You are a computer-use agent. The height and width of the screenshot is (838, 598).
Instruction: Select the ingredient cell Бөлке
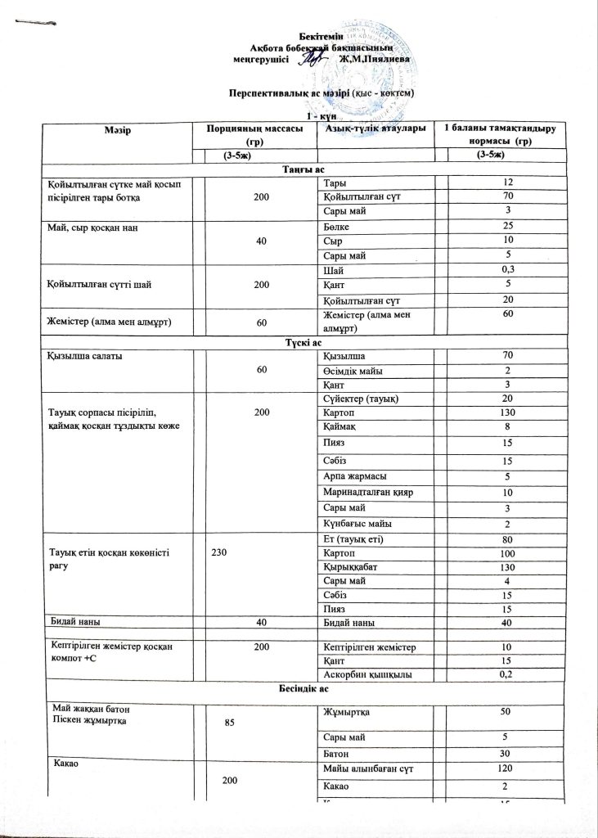(337, 225)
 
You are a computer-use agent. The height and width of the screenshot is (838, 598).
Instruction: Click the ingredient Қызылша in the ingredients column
(344, 356)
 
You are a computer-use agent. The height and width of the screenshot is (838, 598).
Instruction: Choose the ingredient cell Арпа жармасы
(356, 477)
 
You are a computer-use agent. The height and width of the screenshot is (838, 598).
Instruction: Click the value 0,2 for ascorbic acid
(507, 674)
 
